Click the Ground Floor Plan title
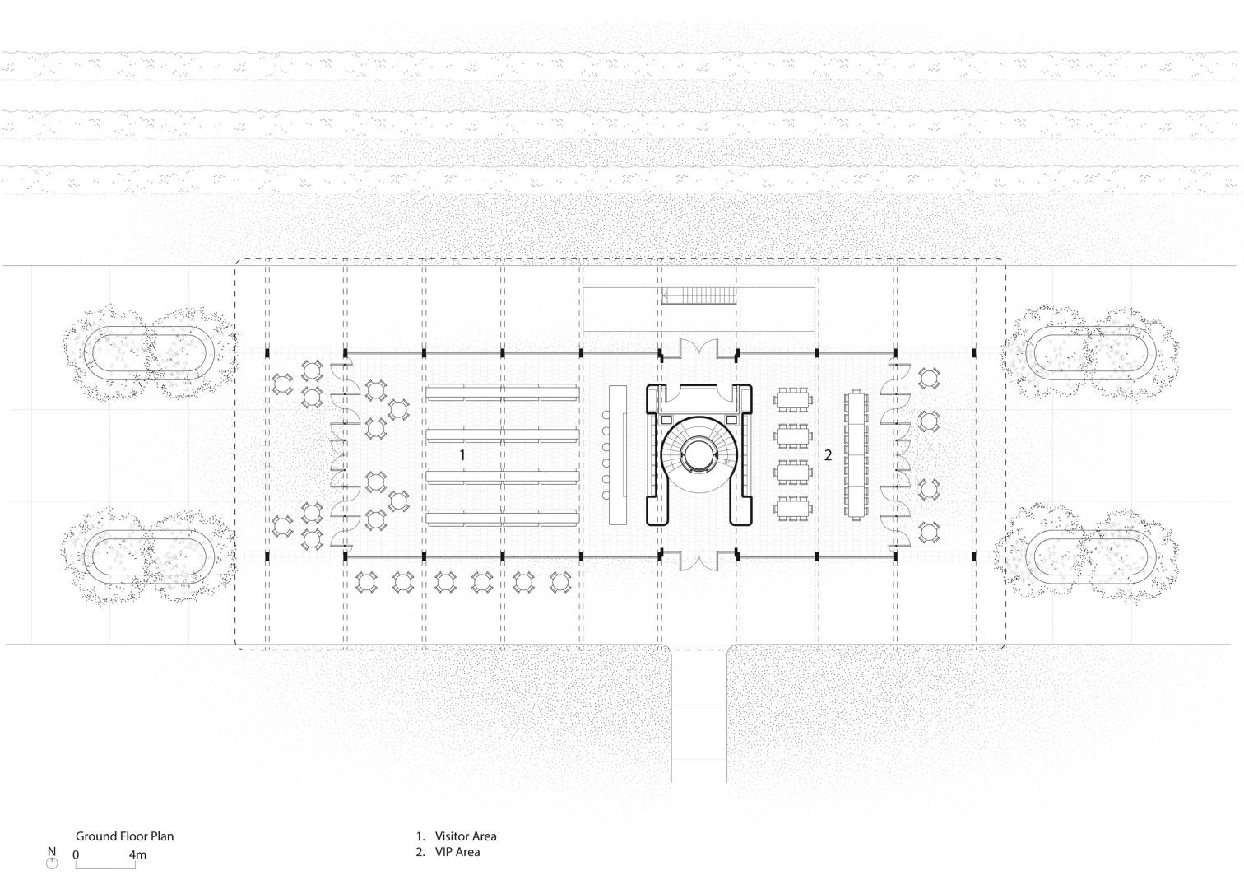(124, 836)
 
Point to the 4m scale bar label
(137, 854)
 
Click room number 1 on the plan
(462, 455)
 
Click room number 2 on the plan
(828, 455)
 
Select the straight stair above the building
(699, 296)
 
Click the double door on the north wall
(699, 350)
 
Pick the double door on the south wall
(699, 560)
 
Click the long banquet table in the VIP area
(856, 455)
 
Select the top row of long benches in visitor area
(503, 393)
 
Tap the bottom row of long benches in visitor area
(503, 518)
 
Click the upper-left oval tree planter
(149, 353)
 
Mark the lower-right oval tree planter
(1091, 556)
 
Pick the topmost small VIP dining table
(793, 400)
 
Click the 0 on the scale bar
(76, 854)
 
